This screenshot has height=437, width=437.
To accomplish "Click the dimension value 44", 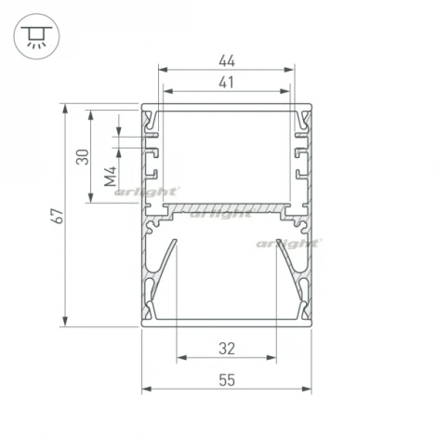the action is coord(227,60).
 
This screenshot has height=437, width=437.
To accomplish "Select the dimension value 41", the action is coord(227,83).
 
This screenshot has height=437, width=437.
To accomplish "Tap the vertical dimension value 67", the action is coord(58,216).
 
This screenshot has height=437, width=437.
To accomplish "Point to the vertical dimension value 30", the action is coord(83,157).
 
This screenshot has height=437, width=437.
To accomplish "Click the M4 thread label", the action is coord(110,176).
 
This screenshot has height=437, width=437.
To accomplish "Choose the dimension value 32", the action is coord(227,349).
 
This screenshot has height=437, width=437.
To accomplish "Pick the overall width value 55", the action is coord(227,380).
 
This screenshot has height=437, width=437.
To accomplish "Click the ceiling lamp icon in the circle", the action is coord(36,36).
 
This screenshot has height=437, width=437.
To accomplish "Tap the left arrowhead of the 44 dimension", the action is coord(163,70).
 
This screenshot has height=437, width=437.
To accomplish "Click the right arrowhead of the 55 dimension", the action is coord(307,389).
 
